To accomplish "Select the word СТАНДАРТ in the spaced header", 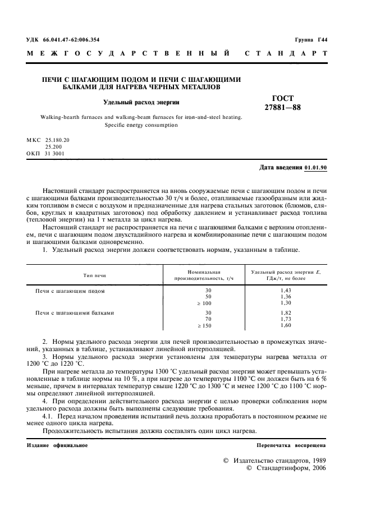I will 286,54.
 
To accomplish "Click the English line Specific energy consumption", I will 141,125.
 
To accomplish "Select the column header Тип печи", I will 94,275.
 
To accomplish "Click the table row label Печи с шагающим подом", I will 70,291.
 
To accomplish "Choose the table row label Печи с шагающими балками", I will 75,312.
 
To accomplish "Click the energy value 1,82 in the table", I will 286,312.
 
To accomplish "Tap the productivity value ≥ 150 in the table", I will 204,325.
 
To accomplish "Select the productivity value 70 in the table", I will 208,319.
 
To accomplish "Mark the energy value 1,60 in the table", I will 286,325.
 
